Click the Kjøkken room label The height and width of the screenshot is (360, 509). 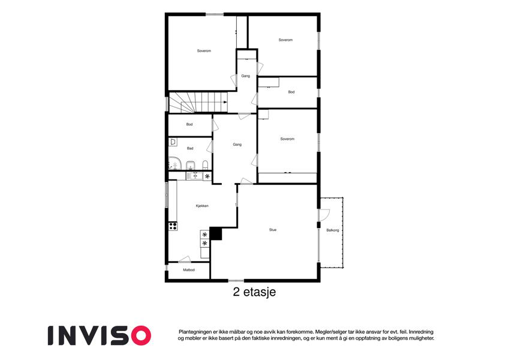202,206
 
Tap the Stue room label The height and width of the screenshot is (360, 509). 273,230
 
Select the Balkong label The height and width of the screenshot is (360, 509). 332,230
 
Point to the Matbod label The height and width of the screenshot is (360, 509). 189,270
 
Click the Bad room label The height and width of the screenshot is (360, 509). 190,148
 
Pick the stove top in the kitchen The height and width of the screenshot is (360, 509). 173,226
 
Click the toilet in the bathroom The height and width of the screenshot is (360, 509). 205,165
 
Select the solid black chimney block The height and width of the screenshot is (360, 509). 216,233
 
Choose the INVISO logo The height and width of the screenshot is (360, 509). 100,335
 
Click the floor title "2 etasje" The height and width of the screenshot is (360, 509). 254,292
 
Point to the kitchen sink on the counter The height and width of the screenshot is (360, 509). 194,176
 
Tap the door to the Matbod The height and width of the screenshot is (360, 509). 185,259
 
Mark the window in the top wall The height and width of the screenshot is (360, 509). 215,14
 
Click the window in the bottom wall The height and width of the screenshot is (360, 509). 236,280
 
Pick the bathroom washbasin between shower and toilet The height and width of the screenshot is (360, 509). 191,166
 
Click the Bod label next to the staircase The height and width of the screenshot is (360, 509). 189,124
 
